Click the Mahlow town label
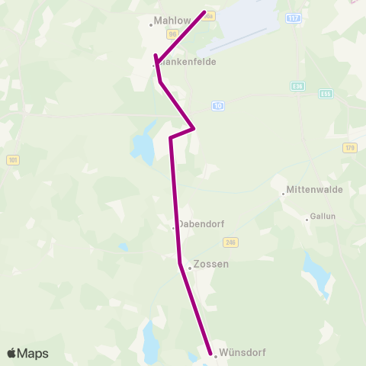point(172,21)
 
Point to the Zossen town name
point(211,265)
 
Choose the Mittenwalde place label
point(314,190)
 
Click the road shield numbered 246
point(230,242)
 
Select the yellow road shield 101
point(13,160)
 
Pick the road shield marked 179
point(350,147)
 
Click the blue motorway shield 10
point(219,105)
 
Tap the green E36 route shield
point(297,86)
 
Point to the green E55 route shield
point(326,94)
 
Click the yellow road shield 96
point(173,34)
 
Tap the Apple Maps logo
point(27,353)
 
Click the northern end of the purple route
point(205,12)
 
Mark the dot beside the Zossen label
point(190,268)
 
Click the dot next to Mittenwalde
point(283,194)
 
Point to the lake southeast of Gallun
point(315,271)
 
